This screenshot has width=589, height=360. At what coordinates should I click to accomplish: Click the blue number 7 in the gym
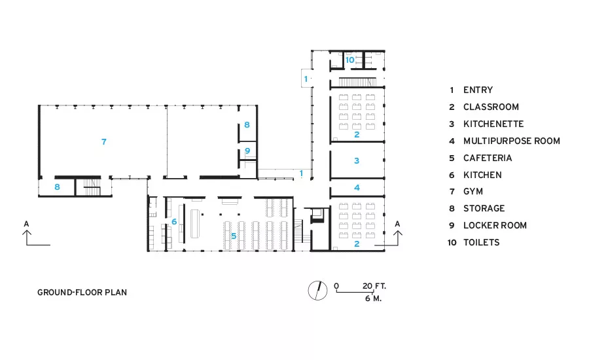click(x=104, y=141)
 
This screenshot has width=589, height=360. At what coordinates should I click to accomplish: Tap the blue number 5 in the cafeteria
click(x=234, y=236)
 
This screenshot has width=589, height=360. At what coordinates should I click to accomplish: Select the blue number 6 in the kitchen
click(x=174, y=222)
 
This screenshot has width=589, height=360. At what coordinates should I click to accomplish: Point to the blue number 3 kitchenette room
click(x=357, y=161)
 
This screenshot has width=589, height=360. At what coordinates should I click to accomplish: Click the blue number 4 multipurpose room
click(x=357, y=187)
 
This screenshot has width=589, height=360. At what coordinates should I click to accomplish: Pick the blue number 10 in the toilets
click(x=349, y=60)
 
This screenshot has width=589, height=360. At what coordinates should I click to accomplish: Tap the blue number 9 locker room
click(x=247, y=151)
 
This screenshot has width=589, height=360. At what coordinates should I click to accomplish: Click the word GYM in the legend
click(x=473, y=192)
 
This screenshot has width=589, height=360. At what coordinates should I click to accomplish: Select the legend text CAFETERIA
click(x=488, y=158)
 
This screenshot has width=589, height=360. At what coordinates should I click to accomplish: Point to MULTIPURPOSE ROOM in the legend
click(x=512, y=141)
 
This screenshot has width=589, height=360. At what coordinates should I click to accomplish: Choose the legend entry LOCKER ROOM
click(x=495, y=225)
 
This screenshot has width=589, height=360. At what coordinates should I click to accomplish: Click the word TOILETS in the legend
click(x=482, y=242)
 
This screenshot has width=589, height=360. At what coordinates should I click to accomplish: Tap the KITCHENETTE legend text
click(x=493, y=124)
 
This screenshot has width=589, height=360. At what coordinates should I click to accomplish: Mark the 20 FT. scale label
click(x=374, y=286)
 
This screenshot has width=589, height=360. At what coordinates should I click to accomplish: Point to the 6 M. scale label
click(x=373, y=298)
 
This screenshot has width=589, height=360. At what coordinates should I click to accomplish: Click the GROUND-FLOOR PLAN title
click(x=82, y=293)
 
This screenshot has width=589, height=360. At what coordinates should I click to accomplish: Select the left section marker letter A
click(x=26, y=224)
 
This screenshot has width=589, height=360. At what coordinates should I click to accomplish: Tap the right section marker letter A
click(x=397, y=224)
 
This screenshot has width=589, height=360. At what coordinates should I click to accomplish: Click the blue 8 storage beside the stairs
click(x=57, y=187)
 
